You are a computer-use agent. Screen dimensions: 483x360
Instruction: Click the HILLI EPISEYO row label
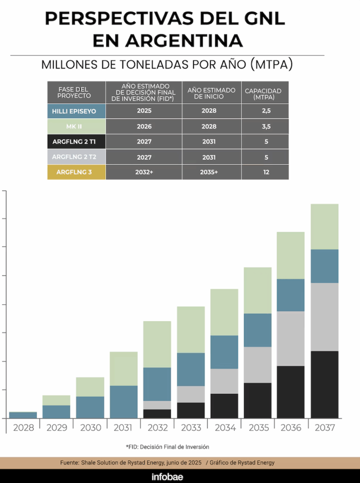[x=76, y=111]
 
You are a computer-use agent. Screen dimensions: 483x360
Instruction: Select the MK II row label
[x=76, y=126]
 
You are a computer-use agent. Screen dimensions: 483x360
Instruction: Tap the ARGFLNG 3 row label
[x=76, y=172]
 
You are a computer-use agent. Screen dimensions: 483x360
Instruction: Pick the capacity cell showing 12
[x=266, y=172]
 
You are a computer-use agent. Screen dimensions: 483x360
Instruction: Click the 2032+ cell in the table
[x=144, y=172]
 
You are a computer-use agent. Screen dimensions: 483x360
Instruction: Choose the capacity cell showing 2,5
[x=266, y=111]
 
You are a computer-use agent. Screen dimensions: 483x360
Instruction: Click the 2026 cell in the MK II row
[x=144, y=126]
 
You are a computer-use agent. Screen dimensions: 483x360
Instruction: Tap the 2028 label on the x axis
[x=23, y=428]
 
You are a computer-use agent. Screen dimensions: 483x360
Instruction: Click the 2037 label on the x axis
[x=325, y=428]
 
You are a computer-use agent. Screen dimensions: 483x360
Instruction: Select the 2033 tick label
[x=191, y=428]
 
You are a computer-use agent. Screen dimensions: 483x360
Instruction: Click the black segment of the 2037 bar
[x=325, y=384]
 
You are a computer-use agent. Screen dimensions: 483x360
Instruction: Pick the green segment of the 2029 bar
[x=57, y=400]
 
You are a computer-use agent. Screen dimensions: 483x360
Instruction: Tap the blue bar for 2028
[x=23, y=415]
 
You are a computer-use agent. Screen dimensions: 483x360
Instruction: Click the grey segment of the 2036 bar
[x=291, y=338]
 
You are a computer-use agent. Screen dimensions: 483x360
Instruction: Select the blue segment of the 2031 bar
[x=124, y=402]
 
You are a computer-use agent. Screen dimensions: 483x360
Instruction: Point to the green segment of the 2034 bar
[x=224, y=312]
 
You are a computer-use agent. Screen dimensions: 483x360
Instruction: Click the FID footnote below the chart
[x=167, y=447]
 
